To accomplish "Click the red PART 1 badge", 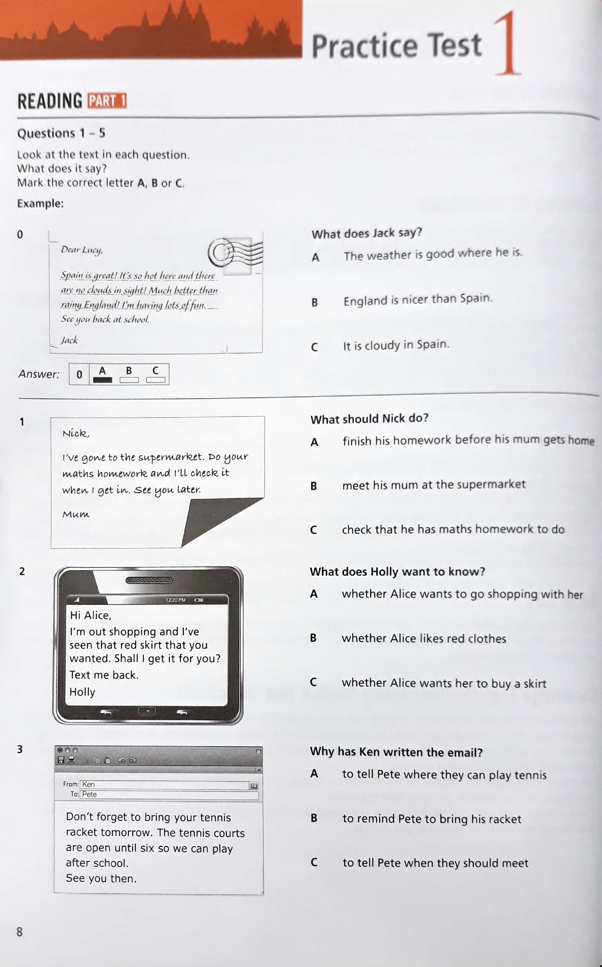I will coord(107,101).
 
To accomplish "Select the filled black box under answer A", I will coord(102,380).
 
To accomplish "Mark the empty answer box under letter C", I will coord(156,380).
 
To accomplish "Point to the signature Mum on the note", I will coord(76,514).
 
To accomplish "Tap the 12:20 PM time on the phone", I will coord(176,600).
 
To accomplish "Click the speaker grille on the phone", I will coord(149,580).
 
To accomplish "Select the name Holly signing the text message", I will coord(82,692).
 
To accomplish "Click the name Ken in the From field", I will coord(88,784).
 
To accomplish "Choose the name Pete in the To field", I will coord(89,794).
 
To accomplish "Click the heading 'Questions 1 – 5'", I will coord(61,133).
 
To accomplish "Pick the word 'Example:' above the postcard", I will coord(40,203).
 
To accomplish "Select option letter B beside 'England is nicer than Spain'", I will coord(315,302).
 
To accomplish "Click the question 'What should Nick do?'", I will coord(369,418).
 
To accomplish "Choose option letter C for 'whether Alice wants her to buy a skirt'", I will coord(313,682).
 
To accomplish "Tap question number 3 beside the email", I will coord(20,749).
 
